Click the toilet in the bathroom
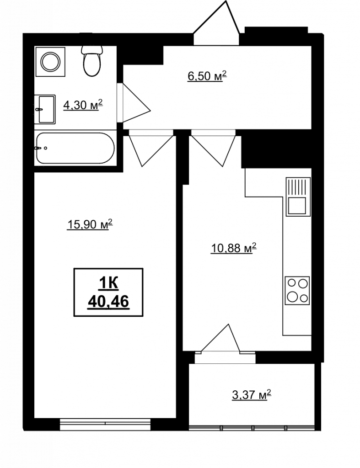[91, 61]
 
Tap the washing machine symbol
[50, 62]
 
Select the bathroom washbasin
[44, 109]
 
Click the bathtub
[75, 148]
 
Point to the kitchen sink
[298, 197]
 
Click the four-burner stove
[297, 290]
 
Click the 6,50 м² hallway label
[207, 76]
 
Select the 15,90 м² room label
[90, 224]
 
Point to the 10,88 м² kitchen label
[234, 248]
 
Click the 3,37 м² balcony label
[252, 394]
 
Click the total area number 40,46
[108, 302]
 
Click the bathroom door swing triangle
[136, 102]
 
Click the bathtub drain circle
[45, 148]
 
